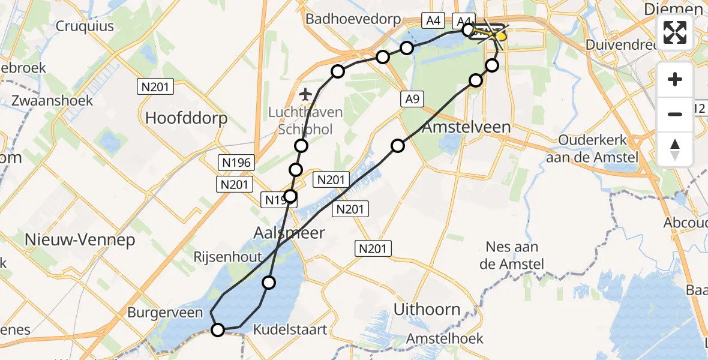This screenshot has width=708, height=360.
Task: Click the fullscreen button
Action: [x=675, y=32]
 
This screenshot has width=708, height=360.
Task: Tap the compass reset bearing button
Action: [x=675, y=149]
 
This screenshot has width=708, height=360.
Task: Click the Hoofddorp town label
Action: [x=187, y=118]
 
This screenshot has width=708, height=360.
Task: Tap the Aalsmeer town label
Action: [x=290, y=233]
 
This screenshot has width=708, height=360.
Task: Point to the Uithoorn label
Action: [x=427, y=310]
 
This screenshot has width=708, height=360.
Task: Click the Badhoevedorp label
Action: [x=353, y=19]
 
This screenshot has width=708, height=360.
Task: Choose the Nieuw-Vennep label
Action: [x=80, y=240]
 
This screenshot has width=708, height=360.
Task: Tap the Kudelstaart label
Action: [x=290, y=329]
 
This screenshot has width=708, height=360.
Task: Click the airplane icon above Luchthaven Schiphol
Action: [x=305, y=94]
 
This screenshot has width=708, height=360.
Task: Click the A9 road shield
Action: [x=412, y=100]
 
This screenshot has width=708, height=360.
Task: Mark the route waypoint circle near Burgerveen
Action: [x=218, y=329]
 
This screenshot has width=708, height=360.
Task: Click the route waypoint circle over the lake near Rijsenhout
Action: [x=269, y=283]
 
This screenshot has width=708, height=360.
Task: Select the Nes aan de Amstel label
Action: [x=512, y=255]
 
